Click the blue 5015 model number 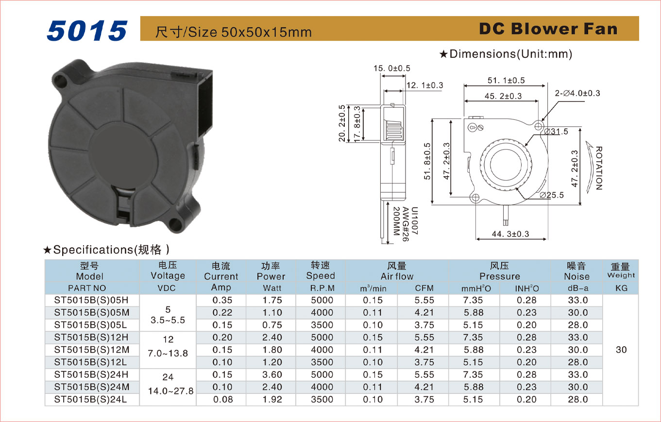[87, 31]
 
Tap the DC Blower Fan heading [548, 29]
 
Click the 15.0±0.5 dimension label [392, 68]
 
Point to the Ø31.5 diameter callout [556, 132]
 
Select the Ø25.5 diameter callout [552, 195]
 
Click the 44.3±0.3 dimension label [510, 234]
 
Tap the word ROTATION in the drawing [599, 168]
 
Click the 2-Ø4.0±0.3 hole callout [577, 93]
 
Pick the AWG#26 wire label [406, 224]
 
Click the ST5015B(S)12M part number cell [92, 350]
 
